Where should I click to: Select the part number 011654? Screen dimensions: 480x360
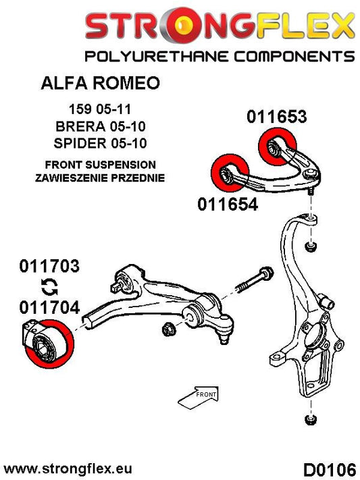tap(228, 203)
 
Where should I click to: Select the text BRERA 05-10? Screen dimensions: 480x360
tap(101, 126)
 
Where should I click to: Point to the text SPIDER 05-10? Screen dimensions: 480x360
tap(101, 143)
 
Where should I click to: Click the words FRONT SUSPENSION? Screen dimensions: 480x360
tap(101, 165)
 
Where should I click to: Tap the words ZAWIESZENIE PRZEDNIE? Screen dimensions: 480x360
tap(101, 178)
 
